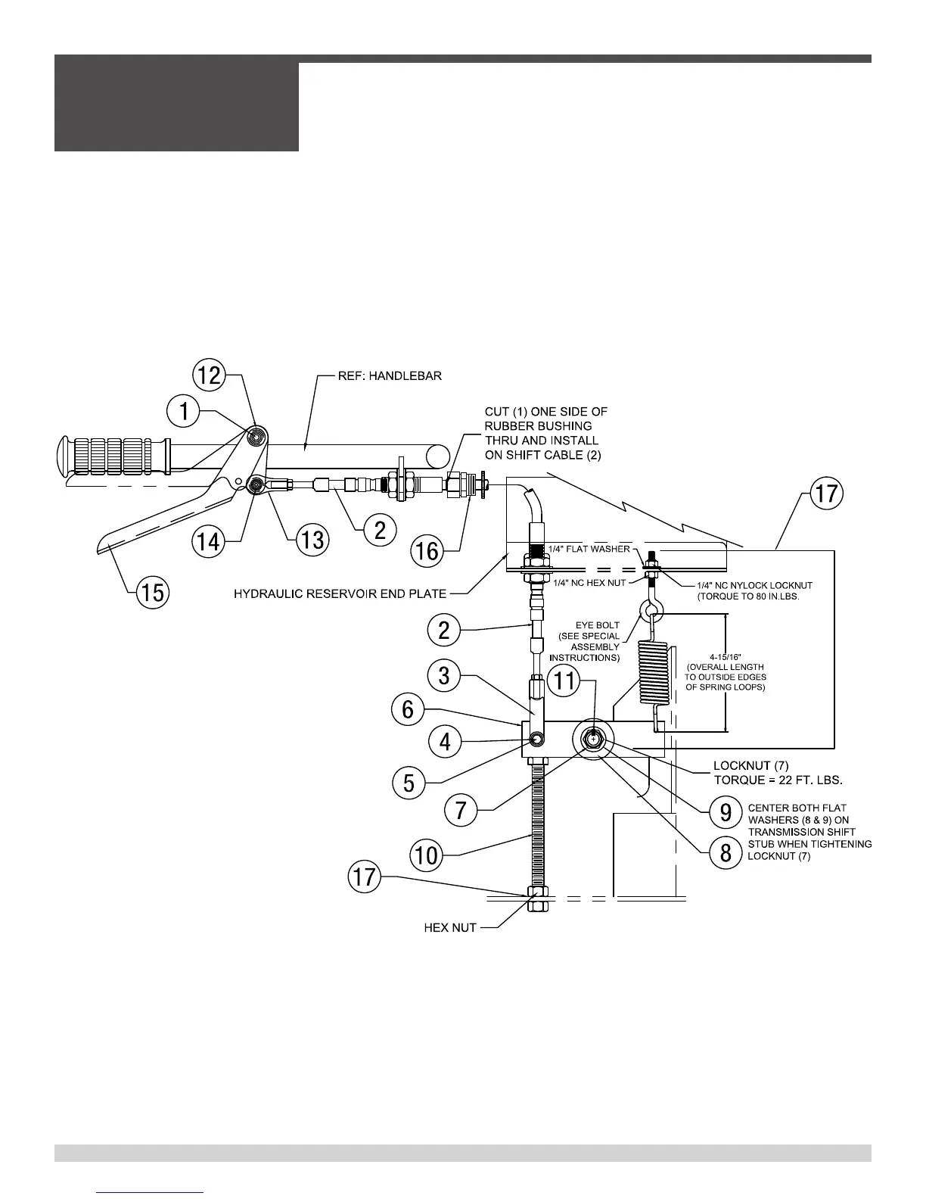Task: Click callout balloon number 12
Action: pos(210,375)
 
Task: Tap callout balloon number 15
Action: pos(154,592)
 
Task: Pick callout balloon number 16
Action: pos(427,550)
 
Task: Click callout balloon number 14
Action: pos(210,540)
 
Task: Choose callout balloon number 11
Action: pos(565,681)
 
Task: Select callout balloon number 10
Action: pos(427,855)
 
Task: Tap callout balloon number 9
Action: pos(726,812)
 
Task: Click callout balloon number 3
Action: pos(444,676)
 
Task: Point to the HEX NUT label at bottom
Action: pos(449,927)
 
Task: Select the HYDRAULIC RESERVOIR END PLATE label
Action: pos(340,593)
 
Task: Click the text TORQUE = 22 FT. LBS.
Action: pos(778,780)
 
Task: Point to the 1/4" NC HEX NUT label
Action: pos(589,582)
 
